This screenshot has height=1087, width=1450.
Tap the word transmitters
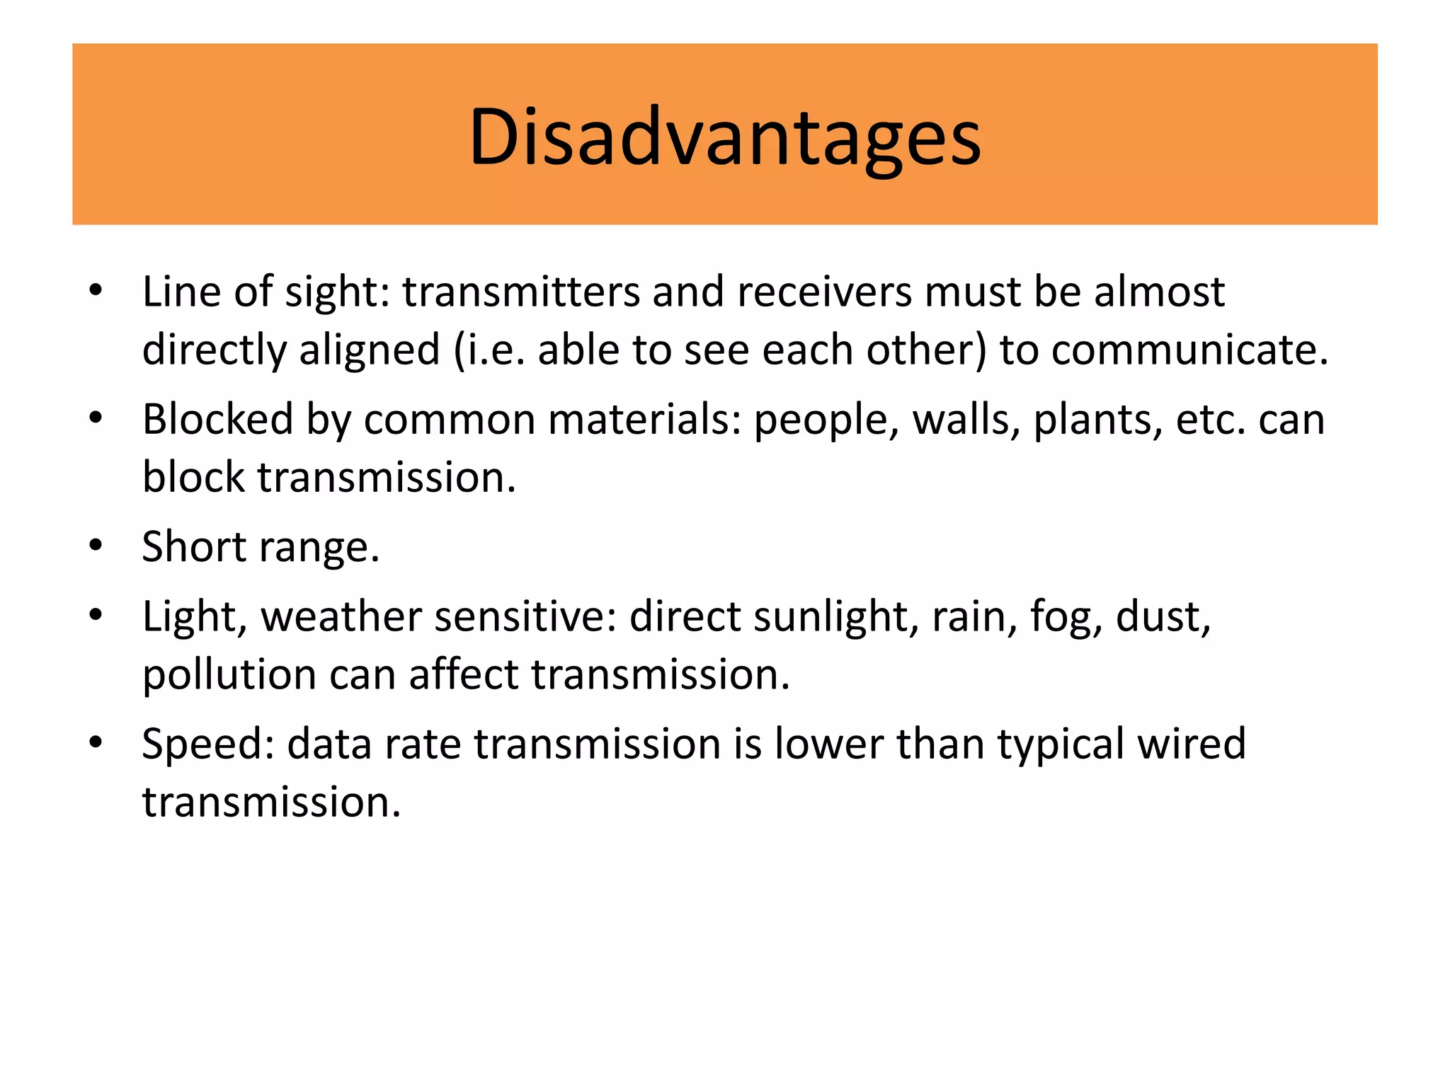521,292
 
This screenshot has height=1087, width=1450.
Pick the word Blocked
217,419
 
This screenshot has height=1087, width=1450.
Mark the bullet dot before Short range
96,546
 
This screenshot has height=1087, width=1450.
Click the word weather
341,616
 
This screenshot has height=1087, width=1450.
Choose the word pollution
229,674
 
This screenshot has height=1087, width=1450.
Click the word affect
464,674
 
